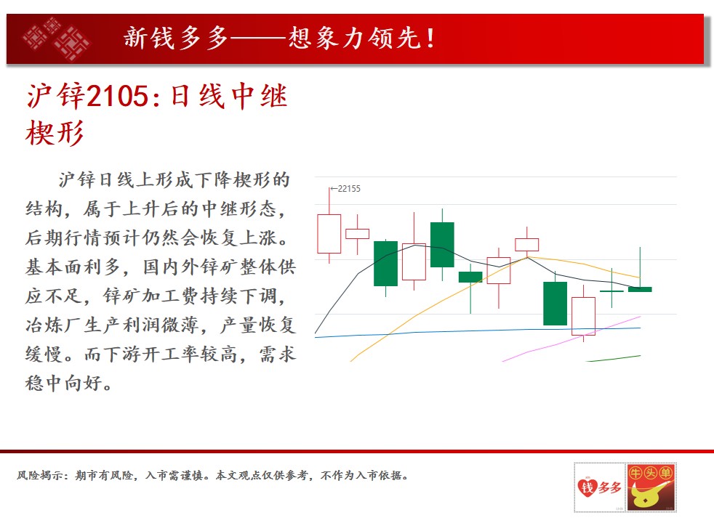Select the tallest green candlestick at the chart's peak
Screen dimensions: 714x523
click(x=442, y=245)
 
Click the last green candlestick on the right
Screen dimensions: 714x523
click(x=640, y=289)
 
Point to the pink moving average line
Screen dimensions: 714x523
click(x=571, y=338)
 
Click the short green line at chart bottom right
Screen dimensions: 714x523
click(x=614, y=358)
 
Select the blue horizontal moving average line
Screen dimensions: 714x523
click(x=478, y=331)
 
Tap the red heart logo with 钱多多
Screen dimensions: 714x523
click(x=600, y=487)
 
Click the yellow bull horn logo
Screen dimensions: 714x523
click(x=651, y=487)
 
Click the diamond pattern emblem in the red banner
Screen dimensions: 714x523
click(x=56, y=39)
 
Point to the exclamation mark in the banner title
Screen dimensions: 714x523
click(x=430, y=38)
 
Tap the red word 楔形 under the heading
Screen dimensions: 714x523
click(x=55, y=134)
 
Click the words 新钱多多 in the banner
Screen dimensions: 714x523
click(x=176, y=38)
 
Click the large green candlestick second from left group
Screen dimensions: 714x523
click(x=385, y=264)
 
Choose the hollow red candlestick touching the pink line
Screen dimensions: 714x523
click(x=583, y=316)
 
